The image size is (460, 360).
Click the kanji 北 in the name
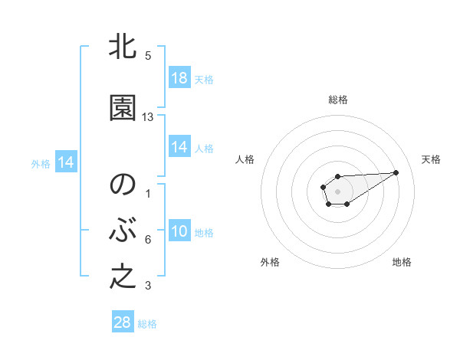click(123, 47)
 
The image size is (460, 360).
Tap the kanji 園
click(123, 108)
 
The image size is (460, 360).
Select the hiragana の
click(123, 185)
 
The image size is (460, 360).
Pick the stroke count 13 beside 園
click(148, 117)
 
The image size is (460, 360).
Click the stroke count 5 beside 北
click(148, 56)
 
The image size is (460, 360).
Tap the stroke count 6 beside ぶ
click(148, 240)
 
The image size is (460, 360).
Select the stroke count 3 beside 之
click(148, 286)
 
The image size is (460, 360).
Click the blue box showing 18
click(179, 78)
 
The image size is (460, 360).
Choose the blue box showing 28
click(123, 322)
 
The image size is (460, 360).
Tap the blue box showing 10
click(179, 231)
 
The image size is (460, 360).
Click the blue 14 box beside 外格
click(65, 162)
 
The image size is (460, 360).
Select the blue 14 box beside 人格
click(179, 147)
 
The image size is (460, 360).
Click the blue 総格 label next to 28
click(147, 324)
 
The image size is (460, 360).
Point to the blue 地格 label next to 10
click(204, 233)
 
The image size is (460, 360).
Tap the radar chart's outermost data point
click(396, 172)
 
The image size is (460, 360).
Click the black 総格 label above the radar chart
click(338, 100)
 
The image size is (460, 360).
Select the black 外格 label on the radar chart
click(270, 262)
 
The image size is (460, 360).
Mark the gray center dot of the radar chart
click(338, 191)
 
